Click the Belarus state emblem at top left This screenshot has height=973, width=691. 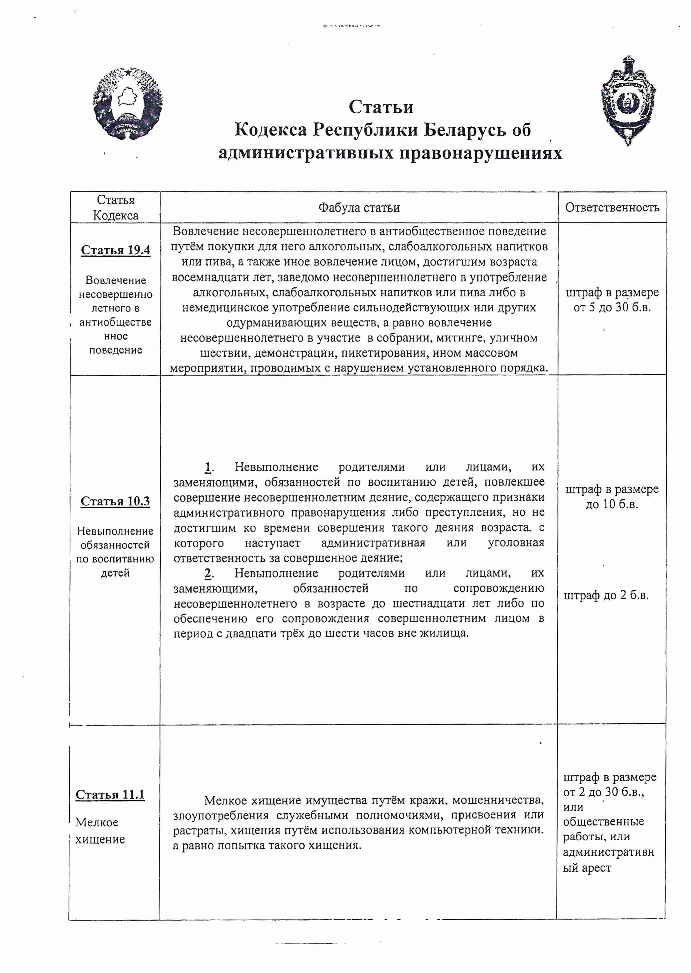(x=128, y=103)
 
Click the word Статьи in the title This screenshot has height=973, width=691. (x=381, y=107)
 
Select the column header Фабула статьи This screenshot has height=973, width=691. (x=359, y=208)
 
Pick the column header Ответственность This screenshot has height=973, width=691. (x=612, y=207)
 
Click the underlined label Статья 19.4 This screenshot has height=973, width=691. (x=115, y=250)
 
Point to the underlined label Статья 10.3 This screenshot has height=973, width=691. (x=115, y=501)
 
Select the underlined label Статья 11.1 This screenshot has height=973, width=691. (x=110, y=795)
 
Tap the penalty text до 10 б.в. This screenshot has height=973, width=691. (x=612, y=505)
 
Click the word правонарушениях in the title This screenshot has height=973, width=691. (x=480, y=153)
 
